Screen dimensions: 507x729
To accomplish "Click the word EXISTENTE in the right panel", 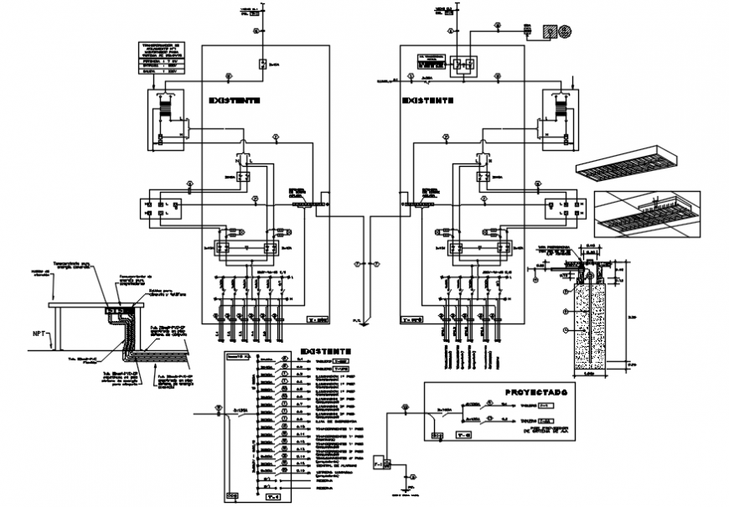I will click(x=428, y=99).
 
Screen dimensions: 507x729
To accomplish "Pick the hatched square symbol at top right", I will click(x=547, y=31).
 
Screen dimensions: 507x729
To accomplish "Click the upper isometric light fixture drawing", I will click(x=624, y=165).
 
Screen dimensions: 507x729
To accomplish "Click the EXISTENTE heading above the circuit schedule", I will click(x=323, y=351).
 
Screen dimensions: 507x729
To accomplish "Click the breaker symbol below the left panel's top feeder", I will click(x=262, y=64).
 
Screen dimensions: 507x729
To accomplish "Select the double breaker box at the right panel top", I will click(x=463, y=64).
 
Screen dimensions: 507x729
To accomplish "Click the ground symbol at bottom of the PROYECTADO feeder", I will click(x=411, y=485).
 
